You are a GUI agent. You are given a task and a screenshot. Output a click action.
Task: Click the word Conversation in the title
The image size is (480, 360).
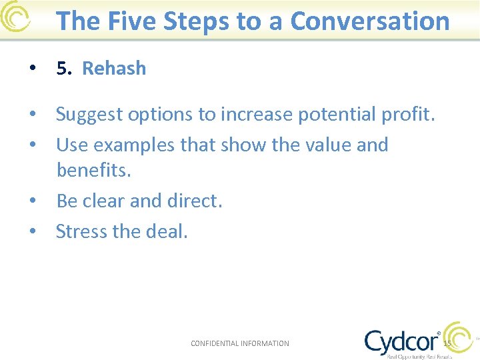pos(370,21)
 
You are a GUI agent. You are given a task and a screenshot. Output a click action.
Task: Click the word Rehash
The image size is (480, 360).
pos(114,69)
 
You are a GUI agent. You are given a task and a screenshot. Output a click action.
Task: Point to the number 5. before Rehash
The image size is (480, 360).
pos(64,69)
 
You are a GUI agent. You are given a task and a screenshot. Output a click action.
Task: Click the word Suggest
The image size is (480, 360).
pos(88,115)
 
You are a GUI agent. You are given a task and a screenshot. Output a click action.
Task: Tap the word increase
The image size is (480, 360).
pos(256,115)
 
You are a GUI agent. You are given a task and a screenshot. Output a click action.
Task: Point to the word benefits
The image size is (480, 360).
pos(94,170)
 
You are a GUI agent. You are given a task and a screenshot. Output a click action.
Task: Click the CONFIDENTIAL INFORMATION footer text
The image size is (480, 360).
pos(240,343)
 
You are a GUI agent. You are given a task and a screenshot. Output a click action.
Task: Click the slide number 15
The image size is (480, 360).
pos(447,343)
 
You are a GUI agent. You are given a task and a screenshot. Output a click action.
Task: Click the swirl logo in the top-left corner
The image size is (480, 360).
pos(15,18)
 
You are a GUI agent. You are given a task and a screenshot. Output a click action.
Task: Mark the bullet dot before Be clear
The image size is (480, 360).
pos(32,201)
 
